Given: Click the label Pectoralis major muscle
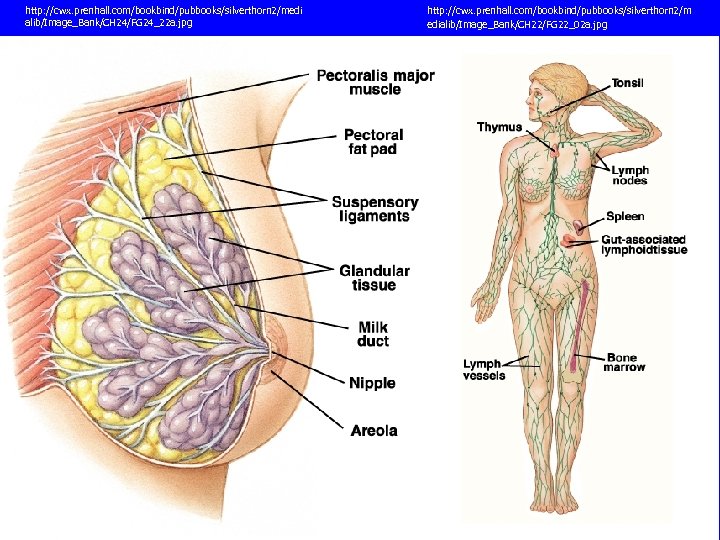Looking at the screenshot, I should tap(375, 82).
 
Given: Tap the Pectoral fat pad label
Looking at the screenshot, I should tap(372, 142).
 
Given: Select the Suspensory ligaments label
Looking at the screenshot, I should tap(375, 209).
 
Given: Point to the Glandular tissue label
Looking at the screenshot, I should tap(374, 278).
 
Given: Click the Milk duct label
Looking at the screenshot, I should tap(373, 334).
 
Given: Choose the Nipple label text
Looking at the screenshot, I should tap(372, 383).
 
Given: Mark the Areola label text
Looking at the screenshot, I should tap(374, 431).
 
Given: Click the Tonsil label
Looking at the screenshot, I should tap(627, 83).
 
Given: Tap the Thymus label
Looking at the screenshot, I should tap(499, 127).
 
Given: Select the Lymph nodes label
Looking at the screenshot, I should tap(630, 175).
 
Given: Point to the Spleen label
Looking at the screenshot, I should tap(625, 216).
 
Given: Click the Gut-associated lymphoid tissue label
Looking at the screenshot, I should tap(643, 245).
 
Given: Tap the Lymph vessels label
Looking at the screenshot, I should tap(484, 369).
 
